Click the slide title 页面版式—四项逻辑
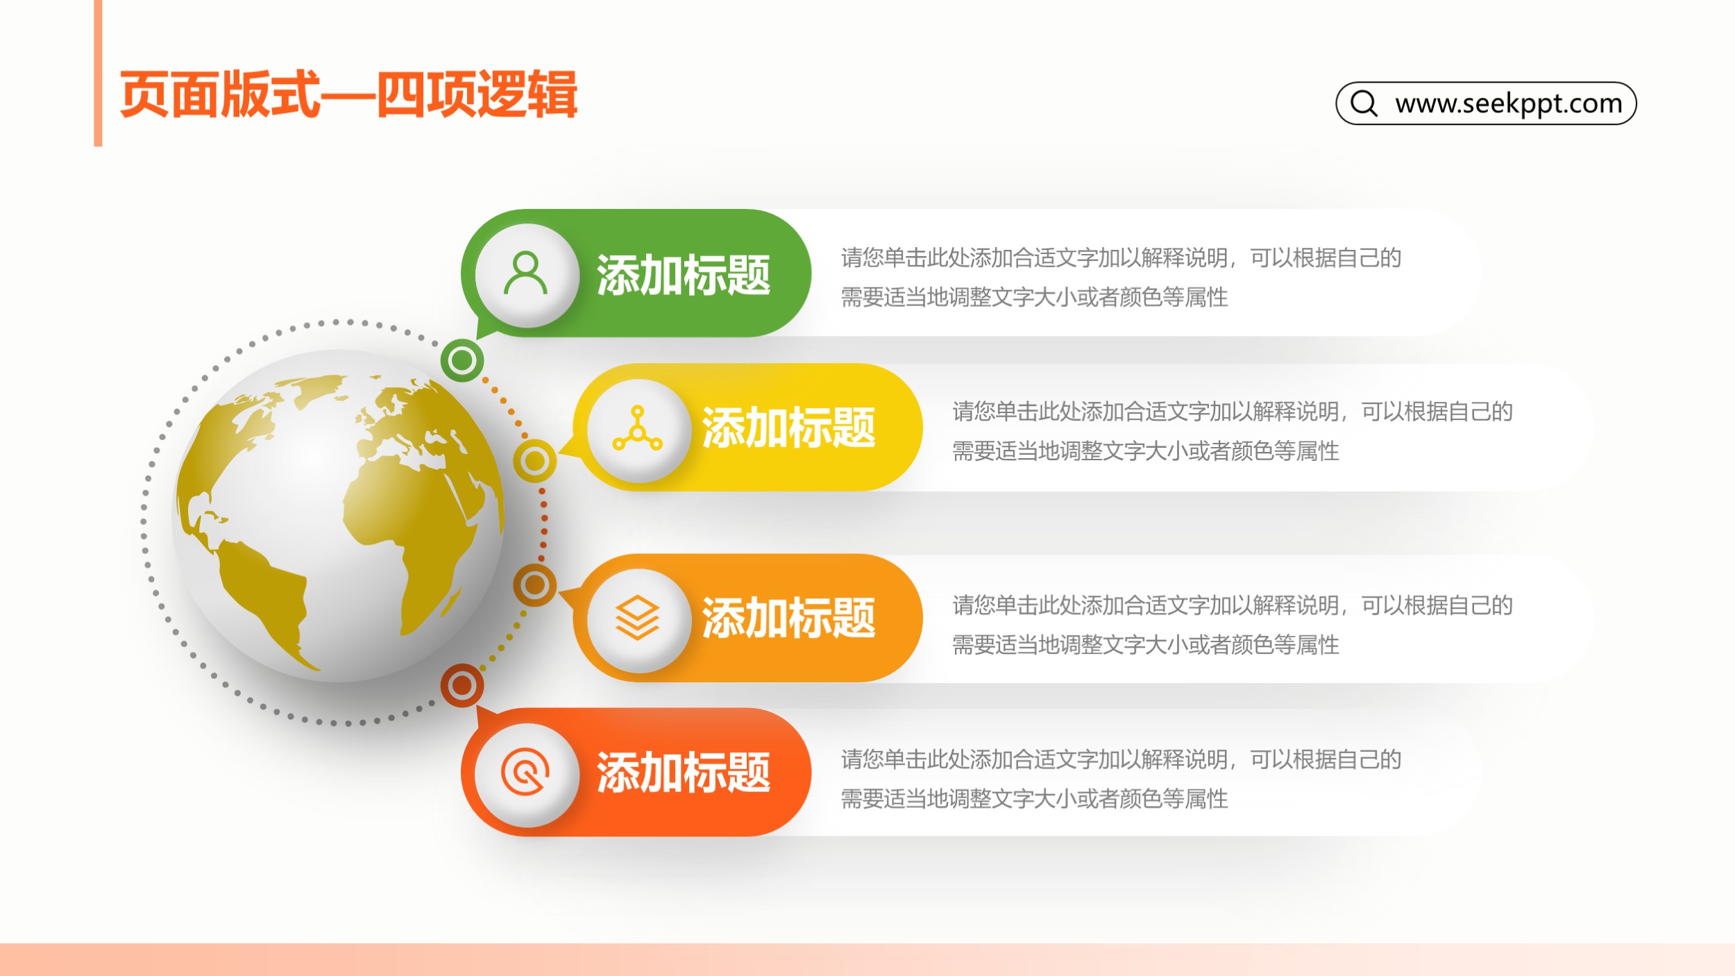coord(348,94)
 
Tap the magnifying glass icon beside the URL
coord(1364,103)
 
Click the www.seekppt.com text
coord(1509,103)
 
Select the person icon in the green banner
coord(526,274)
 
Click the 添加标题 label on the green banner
coord(684,275)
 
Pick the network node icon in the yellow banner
coord(637,428)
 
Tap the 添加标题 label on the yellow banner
coord(788,428)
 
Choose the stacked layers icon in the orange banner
coord(637,618)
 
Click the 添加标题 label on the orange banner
coord(788,618)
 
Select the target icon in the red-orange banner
coord(525,771)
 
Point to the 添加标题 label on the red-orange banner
coord(684,772)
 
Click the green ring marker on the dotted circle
coord(462,360)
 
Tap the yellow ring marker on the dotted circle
coord(534,461)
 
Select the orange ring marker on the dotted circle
coord(534,585)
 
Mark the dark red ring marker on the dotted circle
coord(462,686)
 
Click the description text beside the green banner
coord(1121,277)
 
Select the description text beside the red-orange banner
coord(1121,778)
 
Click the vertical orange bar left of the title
coord(98,73)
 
